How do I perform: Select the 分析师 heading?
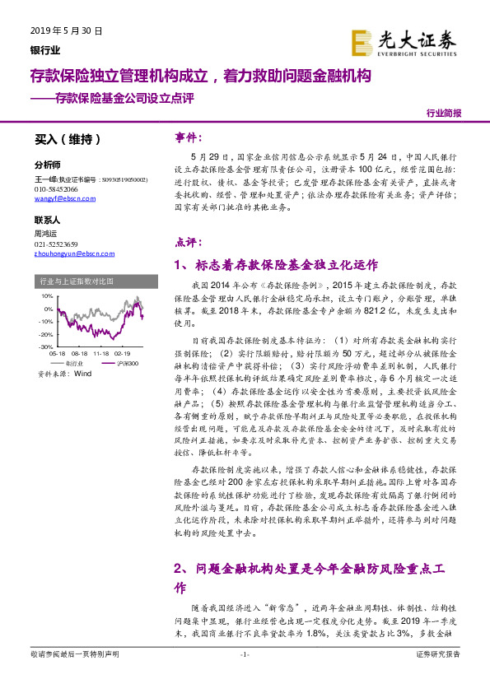click(x=48, y=164)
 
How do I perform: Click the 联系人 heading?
click(x=48, y=221)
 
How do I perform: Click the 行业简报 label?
click(x=444, y=114)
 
